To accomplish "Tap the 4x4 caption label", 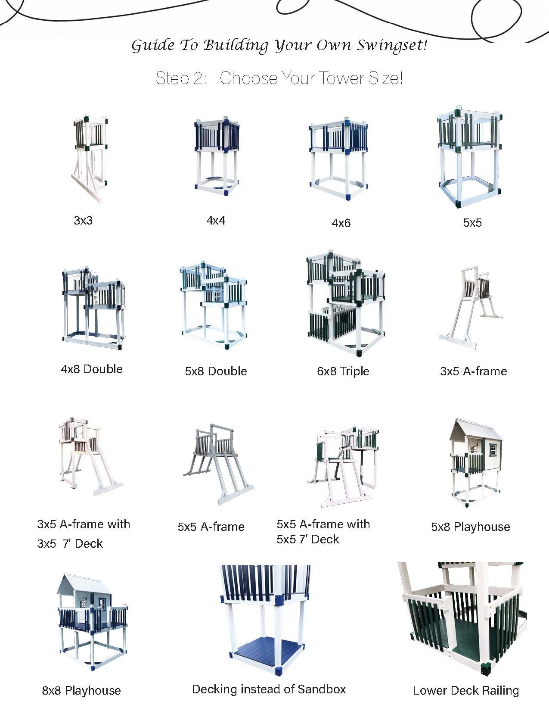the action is coord(216,220).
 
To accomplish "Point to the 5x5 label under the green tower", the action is coord(472,222).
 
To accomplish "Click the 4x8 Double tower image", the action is coord(93,308).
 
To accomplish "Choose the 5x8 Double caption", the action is coord(216,371).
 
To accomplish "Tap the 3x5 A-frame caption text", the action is coord(474,371).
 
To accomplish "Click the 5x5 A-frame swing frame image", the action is coord(218,464).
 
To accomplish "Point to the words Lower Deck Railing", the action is coord(465,690).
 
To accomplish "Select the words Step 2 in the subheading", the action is coord(180,78).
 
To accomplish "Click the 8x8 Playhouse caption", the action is coord(81,690).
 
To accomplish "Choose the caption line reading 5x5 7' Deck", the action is coord(308,539).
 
